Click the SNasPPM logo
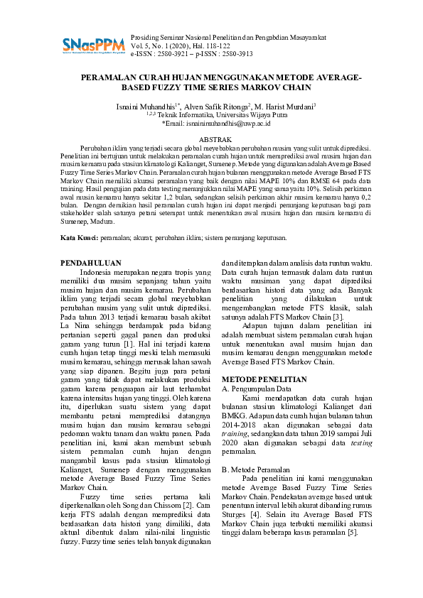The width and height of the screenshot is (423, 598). click(x=92, y=45)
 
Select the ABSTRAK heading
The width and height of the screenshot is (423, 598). click(x=211, y=140)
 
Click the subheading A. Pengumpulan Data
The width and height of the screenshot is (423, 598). click(x=257, y=389)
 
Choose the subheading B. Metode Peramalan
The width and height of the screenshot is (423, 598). click(x=256, y=469)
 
